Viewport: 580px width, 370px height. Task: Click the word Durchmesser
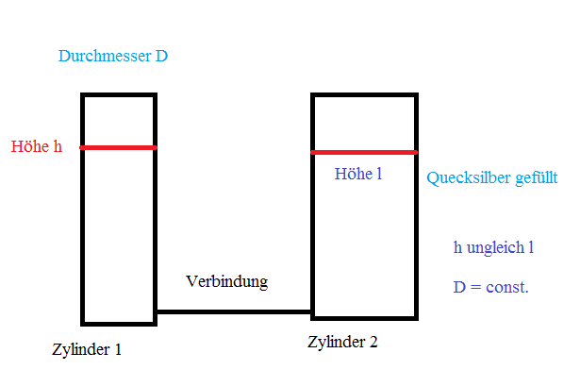coord(105,56)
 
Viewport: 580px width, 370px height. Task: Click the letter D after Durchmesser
coord(161,56)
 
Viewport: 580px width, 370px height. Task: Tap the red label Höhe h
coord(37,146)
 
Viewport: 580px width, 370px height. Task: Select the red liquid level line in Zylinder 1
coord(119,148)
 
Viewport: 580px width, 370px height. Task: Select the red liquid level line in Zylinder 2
coord(364,152)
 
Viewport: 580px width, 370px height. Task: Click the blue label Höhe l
coord(358,174)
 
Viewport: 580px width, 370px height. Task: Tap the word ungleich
coord(495,247)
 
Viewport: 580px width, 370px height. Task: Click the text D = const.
coord(491,287)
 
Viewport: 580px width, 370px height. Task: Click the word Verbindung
coord(226,282)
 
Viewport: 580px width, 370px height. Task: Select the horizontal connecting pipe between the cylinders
coord(234,311)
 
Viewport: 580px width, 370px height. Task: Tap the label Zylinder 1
coord(87,349)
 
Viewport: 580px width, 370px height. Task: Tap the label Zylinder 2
coord(342,342)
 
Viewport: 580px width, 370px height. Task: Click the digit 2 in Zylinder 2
coord(373,342)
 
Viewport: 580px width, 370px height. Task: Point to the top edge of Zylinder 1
coord(119,95)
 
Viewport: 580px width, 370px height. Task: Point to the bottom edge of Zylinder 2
coord(364,318)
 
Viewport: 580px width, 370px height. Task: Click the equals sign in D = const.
coord(475,287)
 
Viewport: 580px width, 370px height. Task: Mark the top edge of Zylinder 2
coord(364,95)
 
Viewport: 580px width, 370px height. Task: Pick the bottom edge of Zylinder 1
coord(119,324)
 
